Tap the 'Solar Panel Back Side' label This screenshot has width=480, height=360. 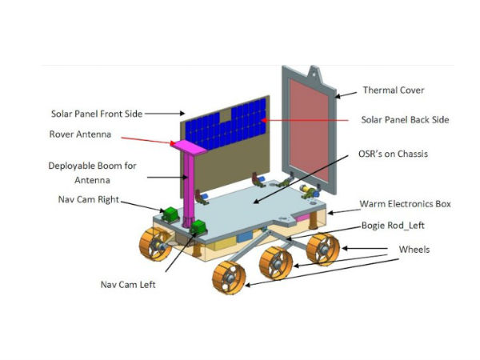(x=404, y=120)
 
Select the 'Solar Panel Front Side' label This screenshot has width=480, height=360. (x=97, y=114)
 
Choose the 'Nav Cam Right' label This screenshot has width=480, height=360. (x=83, y=199)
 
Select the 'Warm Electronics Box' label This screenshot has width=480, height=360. (x=405, y=204)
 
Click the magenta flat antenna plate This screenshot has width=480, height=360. (x=186, y=146)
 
